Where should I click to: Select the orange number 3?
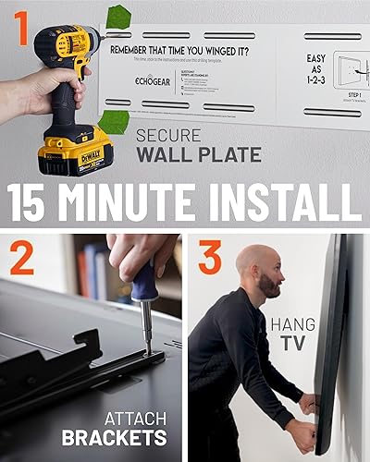pyautogui.click(x=211, y=260)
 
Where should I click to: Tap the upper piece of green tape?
pyautogui.click(x=119, y=17)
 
